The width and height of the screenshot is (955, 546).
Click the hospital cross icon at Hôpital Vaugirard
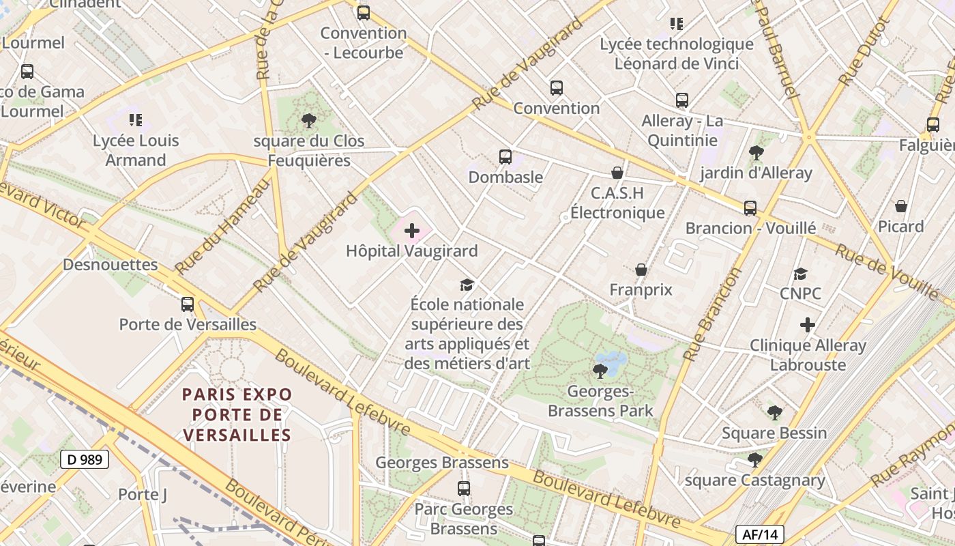coord(412,231)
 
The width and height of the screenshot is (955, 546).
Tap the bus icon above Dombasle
coord(505,157)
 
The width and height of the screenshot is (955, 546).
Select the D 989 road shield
coord(85,459)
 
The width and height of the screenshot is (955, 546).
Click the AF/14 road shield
coord(760,534)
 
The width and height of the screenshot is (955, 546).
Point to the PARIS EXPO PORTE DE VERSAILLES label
coord(237,414)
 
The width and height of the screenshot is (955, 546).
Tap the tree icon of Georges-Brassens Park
coord(600,371)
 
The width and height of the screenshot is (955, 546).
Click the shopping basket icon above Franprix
coord(641,270)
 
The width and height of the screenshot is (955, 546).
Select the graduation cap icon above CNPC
coord(800,274)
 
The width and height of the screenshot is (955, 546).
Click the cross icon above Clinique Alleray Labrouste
coord(808,325)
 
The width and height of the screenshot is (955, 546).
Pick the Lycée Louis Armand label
coord(136,150)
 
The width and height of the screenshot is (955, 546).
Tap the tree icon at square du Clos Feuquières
coord(308,121)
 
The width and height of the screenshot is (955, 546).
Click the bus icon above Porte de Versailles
coord(188,304)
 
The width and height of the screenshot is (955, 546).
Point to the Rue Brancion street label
coord(712,315)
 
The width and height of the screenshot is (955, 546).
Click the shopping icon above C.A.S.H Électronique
coord(617,173)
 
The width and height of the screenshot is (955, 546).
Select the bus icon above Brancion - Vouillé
coord(750,207)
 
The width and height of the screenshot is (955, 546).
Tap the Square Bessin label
coord(774,433)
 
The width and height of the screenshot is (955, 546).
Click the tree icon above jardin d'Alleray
coord(756,152)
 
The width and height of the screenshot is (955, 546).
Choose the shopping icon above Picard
coord(901,206)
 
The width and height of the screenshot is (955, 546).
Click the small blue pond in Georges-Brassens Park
coord(611,362)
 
